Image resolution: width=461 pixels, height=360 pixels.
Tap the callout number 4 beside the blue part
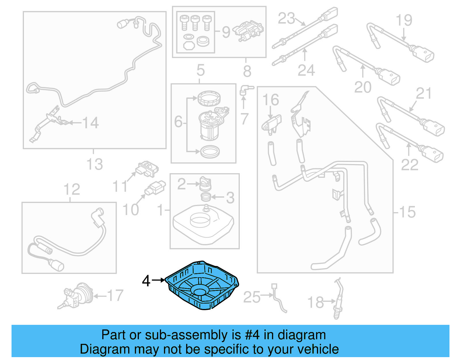pyautogui.click(x=146, y=281)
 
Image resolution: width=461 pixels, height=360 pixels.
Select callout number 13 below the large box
pyautogui.click(x=95, y=164)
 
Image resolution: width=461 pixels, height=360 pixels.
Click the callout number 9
pyautogui.click(x=226, y=32)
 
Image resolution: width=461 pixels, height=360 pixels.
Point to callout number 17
pyautogui.click(x=115, y=295)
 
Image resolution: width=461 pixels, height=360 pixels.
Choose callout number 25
pyautogui.click(x=252, y=297)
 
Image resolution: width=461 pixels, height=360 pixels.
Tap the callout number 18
pyautogui.click(x=315, y=302)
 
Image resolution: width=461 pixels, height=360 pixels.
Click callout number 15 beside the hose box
pyautogui.click(x=407, y=212)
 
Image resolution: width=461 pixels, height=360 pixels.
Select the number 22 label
pyautogui.click(x=409, y=165)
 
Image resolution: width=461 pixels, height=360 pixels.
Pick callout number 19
pyautogui.click(x=404, y=20)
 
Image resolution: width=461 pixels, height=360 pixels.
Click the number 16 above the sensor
pyautogui.click(x=271, y=100)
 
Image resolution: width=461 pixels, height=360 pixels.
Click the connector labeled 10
pyautogui.click(x=156, y=188)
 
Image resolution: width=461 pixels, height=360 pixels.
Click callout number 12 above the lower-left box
pyautogui.click(x=71, y=189)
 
